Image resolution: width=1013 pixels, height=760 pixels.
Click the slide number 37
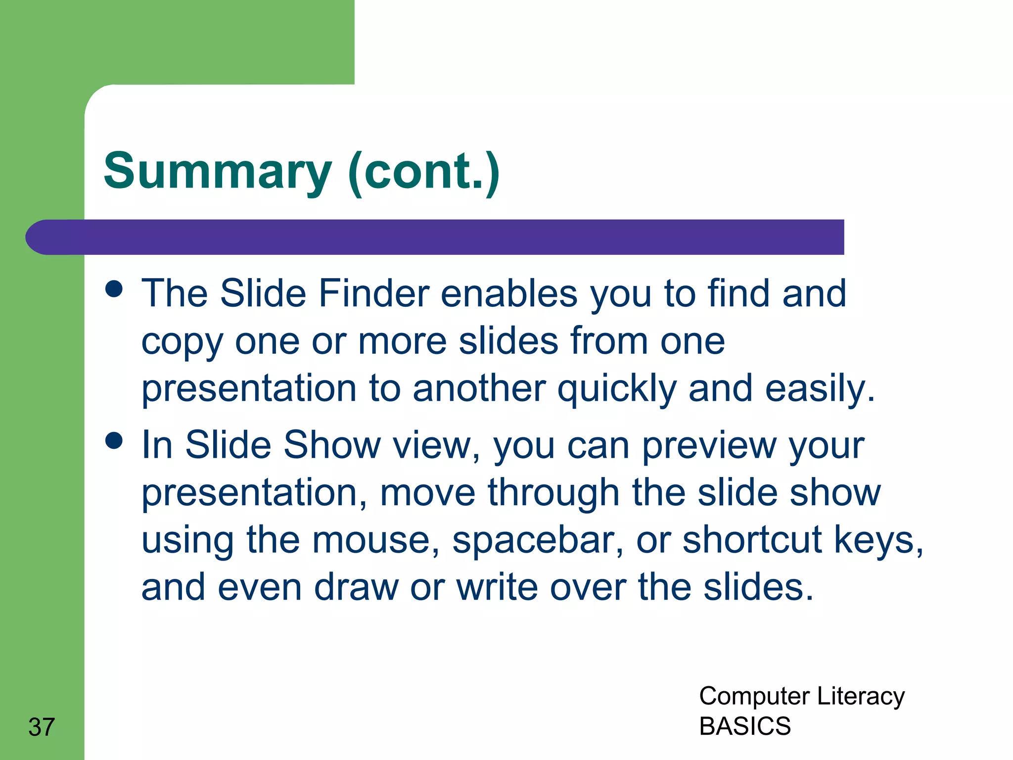coord(42,727)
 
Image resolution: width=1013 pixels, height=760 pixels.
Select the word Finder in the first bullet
coord(373,293)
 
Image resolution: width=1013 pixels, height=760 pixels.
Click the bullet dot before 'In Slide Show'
coord(114,440)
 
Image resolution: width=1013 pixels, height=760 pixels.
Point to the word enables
coord(509,293)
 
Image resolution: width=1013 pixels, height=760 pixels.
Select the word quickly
coord(617,389)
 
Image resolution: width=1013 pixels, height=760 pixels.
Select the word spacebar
coord(537,540)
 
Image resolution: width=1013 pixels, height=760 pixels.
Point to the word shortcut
coord(752,540)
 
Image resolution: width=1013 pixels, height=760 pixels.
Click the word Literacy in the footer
coord(861,697)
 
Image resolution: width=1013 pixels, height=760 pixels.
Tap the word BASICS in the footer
coord(745,726)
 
